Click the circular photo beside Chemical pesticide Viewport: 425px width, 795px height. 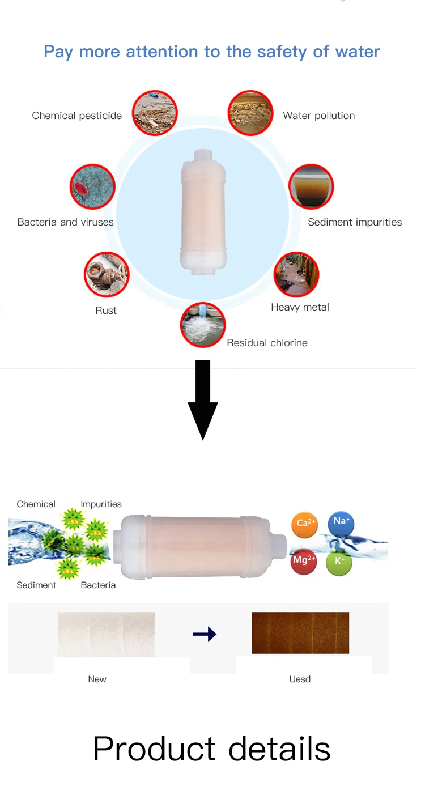[x=155, y=112]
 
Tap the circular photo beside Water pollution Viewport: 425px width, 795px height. [x=251, y=112]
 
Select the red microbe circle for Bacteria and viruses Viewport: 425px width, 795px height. [x=92, y=186]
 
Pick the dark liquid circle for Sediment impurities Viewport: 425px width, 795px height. [x=311, y=186]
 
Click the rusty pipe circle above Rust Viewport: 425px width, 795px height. [x=107, y=275]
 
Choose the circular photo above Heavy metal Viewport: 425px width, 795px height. [x=297, y=275]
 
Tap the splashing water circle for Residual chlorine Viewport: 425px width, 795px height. [x=203, y=325]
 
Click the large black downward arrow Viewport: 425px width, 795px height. [x=202, y=399]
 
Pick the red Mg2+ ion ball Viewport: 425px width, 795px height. [x=304, y=561]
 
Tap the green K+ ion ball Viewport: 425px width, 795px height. [x=339, y=562]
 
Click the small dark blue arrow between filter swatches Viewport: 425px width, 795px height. [x=204, y=634]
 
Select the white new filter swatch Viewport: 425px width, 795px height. [x=106, y=634]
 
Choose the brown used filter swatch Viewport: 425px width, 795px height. [x=300, y=633]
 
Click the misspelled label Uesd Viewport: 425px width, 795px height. [x=300, y=679]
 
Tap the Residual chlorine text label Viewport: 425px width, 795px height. [x=267, y=343]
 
